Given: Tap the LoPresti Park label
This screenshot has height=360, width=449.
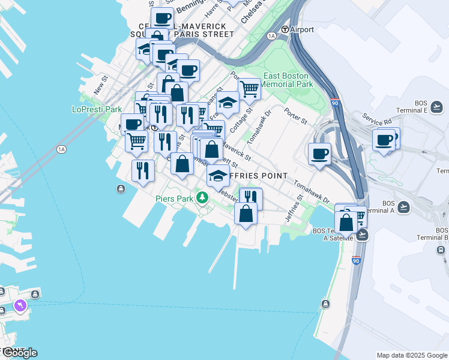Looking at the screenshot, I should point(97,109).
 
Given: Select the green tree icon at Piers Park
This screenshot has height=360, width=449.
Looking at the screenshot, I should point(203,197).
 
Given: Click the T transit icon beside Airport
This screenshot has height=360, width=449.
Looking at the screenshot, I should point(285,29).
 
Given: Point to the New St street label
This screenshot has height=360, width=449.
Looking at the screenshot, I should point(100,85).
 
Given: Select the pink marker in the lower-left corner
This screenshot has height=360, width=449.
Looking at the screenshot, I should point(21,307).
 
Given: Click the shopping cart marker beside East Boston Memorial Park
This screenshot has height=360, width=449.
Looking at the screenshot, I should point(249,89).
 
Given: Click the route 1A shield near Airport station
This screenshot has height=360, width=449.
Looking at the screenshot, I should point(271,36).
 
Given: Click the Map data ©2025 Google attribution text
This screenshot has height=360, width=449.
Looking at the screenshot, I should point(412,355).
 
